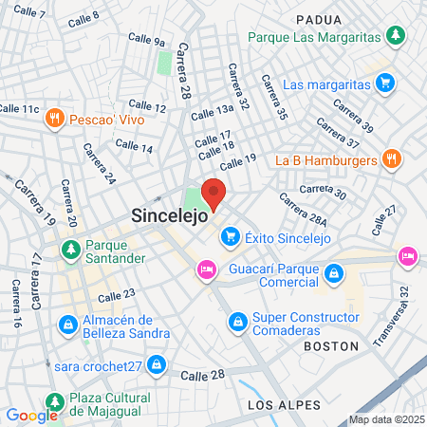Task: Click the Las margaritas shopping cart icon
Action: pos(383,84)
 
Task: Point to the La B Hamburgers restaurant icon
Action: pos(390,159)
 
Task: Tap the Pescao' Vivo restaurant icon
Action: pos(55,119)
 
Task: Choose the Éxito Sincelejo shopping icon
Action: pos(228,236)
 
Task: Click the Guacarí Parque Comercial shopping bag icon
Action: pos(333,275)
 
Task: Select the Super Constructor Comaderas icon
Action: pos(236,324)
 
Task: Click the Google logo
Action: pos(31,415)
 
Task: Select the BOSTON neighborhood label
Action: pos(331,347)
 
